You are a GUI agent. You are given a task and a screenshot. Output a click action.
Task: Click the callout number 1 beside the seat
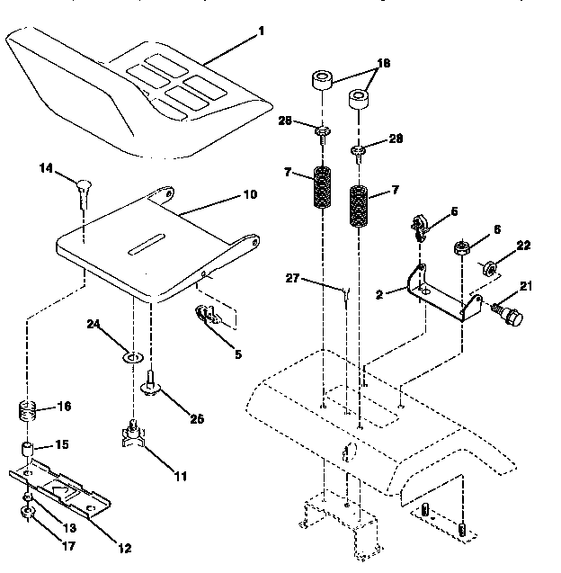pyautogui.click(x=262, y=32)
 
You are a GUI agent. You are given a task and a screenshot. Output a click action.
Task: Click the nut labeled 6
pyautogui.click(x=462, y=248)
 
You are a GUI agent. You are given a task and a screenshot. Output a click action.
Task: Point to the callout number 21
pyautogui.click(x=525, y=286)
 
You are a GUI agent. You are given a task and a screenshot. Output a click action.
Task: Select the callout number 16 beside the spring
pyautogui.click(x=64, y=407)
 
